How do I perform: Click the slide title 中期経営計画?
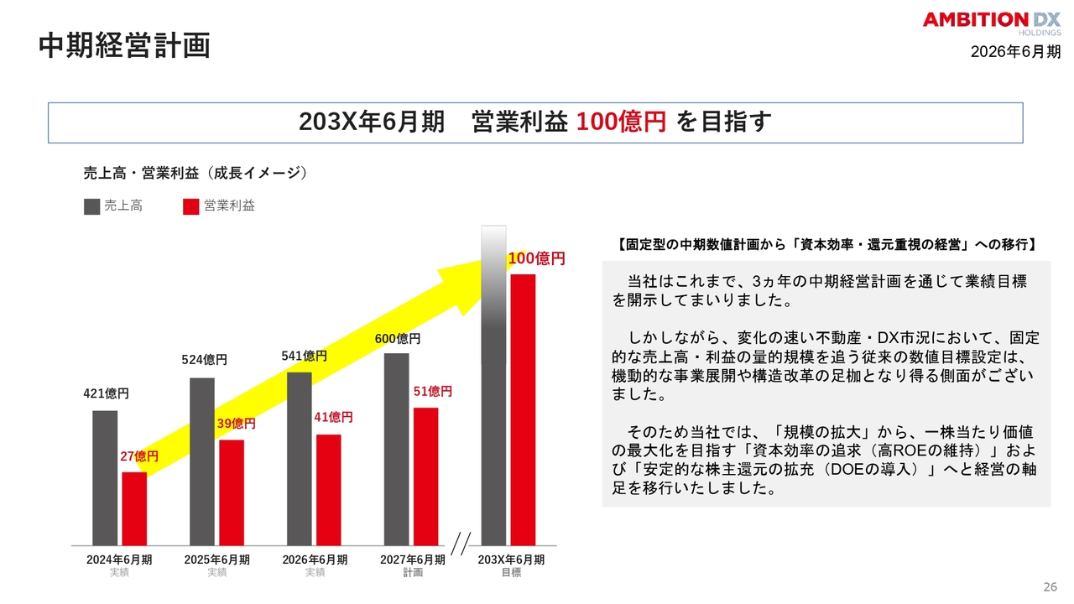[x=125, y=46]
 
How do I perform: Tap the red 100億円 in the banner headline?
[x=621, y=122]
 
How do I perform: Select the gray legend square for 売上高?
[x=91, y=206]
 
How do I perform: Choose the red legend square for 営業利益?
[x=190, y=206]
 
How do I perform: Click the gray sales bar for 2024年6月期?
[x=105, y=478]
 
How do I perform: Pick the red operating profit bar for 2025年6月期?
[x=232, y=492]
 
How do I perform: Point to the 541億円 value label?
[x=304, y=357]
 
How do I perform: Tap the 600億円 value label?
[x=398, y=339]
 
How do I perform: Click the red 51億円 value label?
[x=432, y=392]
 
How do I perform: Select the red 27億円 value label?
[x=139, y=456]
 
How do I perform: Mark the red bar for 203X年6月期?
[x=523, y=410]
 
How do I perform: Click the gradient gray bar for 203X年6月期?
[x=493, y=385]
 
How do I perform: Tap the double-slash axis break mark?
[x=461, y=543]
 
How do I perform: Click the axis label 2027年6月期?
[x=413, y=560]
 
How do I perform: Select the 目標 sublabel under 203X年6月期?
[x=511, y=572]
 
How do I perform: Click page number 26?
[x=1050, y=587]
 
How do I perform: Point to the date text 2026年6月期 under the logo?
[x=1015, y=52]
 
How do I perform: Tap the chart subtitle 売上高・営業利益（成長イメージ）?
[x=196, y=173]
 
